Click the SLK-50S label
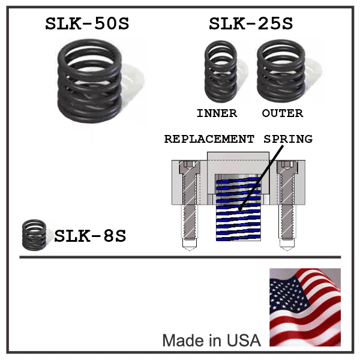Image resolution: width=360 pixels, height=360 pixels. tap(87, 25)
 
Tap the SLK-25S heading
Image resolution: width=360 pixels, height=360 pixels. tap(251, 25)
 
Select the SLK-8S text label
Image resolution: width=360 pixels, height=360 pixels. tap(90, 236)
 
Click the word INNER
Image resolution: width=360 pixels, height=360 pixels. tap(217, 113)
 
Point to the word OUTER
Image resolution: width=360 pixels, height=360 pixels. tap(283, 113)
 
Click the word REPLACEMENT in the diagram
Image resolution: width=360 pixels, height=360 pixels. tap(209, 139)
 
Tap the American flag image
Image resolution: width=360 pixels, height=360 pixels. tap(305, 307)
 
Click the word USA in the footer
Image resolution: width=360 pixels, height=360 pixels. tap(244, 341)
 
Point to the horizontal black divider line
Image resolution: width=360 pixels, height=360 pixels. tap(180, 257)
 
